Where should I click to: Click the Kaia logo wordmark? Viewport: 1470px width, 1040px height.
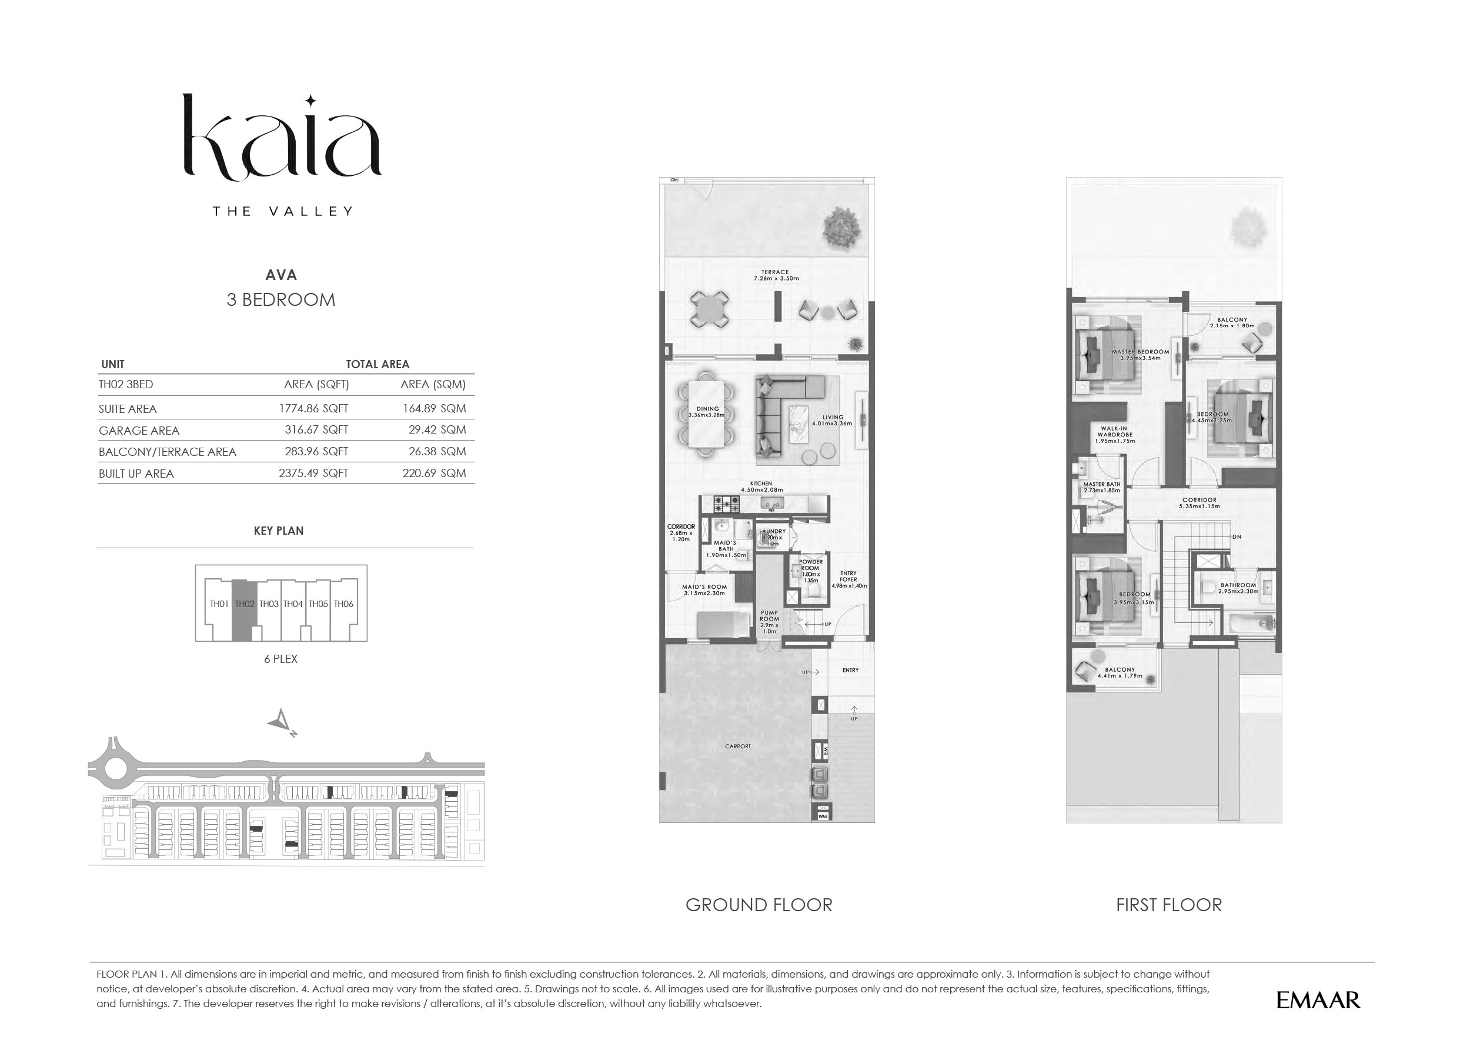pyautogui.click(x=282, y=138)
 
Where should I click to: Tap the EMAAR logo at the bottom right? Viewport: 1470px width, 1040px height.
pyautogui.click(x=1318, y=1001)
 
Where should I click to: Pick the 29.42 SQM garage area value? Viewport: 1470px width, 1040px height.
pyautogui.click(x=437, y=429)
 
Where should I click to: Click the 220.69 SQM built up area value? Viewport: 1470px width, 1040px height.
pyautogui.click(x=434, y=474)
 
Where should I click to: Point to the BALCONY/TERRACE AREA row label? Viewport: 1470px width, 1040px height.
pyautogui.click(x=167, y=452)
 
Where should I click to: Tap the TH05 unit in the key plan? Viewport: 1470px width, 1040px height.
pyautogui.click(x=318, y=604)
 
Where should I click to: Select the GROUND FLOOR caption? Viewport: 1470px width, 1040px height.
pyautogui.click(x=759, y=905)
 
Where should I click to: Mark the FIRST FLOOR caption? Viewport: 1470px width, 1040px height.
pyautogui.click(x=1168, y=905)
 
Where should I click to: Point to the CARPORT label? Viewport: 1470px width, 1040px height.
pyautogui.click(x=738, y=746)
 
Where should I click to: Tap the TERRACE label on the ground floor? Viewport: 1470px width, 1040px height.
pyautogui.click(x=776, y=272)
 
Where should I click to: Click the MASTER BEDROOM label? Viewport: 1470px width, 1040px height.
pyautogui.click(x=1140, y=352)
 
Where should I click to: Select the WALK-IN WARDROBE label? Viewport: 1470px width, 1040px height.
pyautogui.click(x=1115, y=431)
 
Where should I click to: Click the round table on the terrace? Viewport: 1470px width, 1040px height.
pyautogui.click(x=709, y=311)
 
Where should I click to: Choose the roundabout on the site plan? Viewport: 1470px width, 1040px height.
pyautogui.click(x=115, y=769)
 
